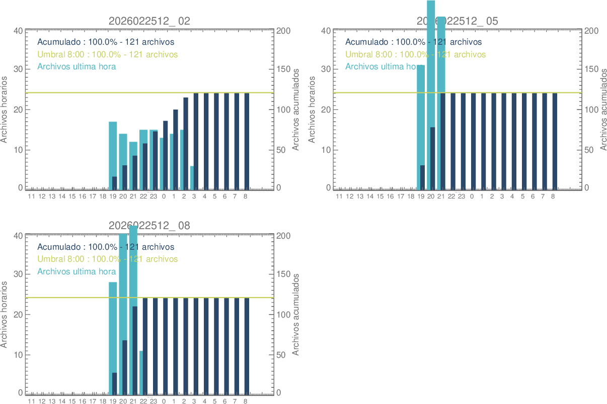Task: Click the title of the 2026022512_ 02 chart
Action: (x=149, y=21)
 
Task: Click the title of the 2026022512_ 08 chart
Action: (x=149, y=226)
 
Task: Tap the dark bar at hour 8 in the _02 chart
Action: (x=247, y=141)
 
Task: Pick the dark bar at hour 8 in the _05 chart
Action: (x=555, y=141)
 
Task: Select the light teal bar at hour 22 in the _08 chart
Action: (x=141, y=372)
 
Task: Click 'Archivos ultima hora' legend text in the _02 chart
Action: (x=77, y=66)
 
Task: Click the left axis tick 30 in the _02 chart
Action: (x=18, y=69)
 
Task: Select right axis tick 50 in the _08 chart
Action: (x=283, y=355)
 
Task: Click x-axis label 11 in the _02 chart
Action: (x=31, y=196)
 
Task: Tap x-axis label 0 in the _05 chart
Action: (x=472, y=196)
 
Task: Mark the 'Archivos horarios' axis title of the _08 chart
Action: (x=5, y=315)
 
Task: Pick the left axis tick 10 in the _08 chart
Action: (x=18, y=355)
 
